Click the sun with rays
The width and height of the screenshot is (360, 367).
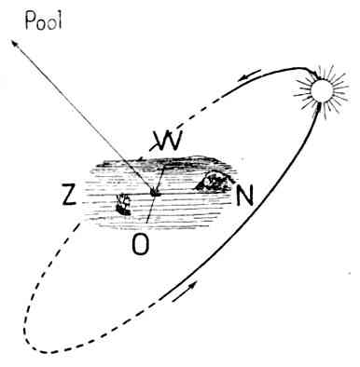point(321,89)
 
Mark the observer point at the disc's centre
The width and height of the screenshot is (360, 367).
point(155,193)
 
